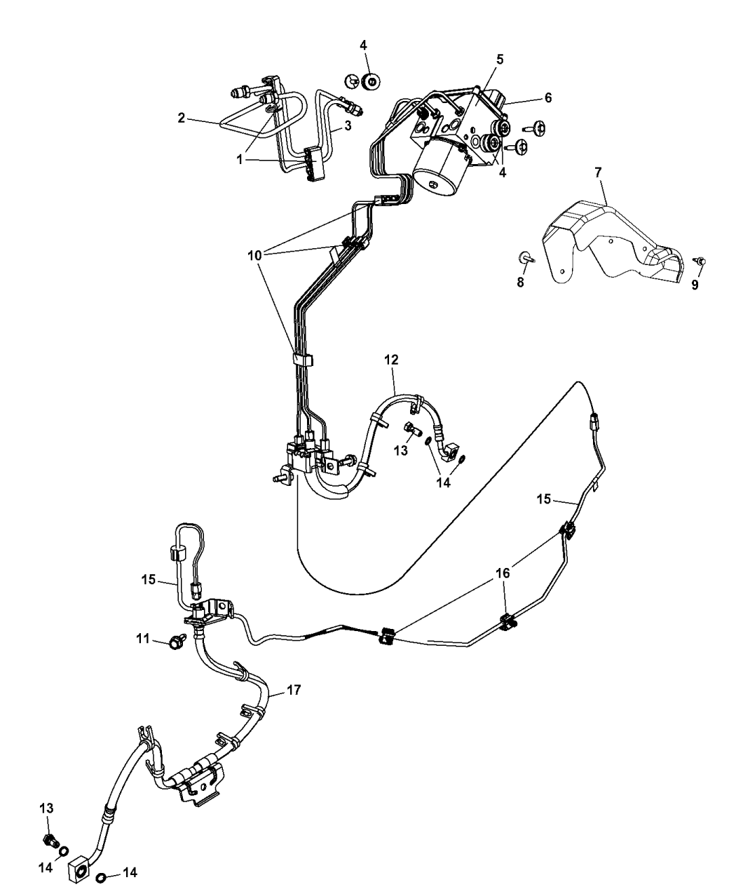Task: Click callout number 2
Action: (181, 118)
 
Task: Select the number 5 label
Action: (499, 60)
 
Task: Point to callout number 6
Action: (547, 98)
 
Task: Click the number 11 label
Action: (144, 638)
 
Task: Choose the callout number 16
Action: (503, 572)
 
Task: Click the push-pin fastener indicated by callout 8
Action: (525, 258)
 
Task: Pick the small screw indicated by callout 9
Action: (699, 261)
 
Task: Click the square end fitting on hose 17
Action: (77, 869)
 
